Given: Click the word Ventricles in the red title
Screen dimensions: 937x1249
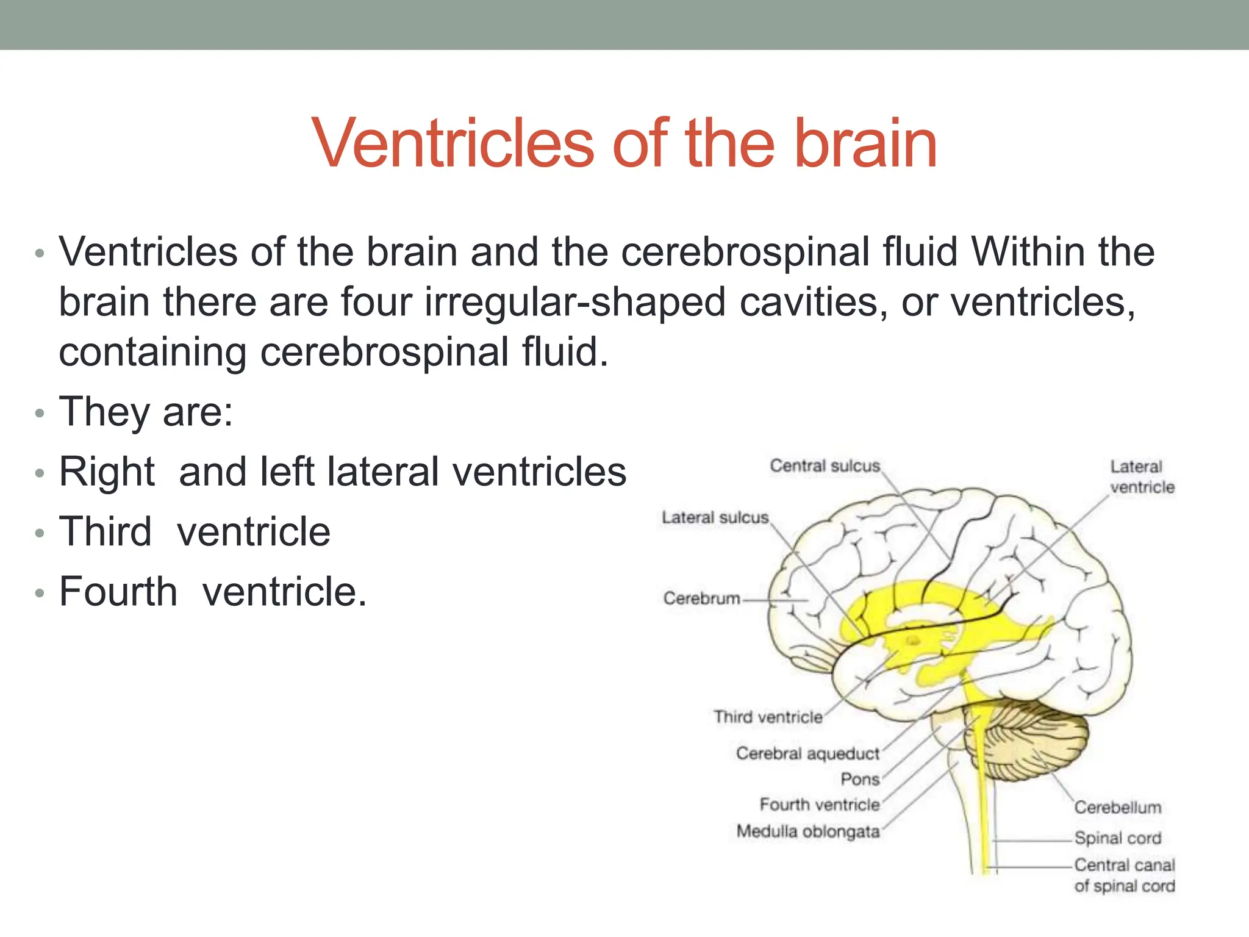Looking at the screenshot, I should point(453,144).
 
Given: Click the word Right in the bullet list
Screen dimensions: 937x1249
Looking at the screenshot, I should point(107,472).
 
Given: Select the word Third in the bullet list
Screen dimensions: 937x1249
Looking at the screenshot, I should point(105,531).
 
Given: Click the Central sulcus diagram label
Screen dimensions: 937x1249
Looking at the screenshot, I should point(825,466).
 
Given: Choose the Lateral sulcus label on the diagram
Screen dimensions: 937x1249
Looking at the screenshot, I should point(715,518).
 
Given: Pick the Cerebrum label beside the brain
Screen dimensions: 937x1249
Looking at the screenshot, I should point(701,598).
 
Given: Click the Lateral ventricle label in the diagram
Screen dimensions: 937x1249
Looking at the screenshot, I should point(1141,477).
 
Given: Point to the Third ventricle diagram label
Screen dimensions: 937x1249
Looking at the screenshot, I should point(768,717).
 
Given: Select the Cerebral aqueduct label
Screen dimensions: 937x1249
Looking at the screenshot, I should point(807,753).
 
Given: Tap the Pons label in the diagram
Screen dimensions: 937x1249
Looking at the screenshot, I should point(860,779).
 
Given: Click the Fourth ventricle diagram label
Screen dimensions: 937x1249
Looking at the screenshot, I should point(819,805).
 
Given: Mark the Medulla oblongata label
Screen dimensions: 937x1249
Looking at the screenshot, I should point(807,831).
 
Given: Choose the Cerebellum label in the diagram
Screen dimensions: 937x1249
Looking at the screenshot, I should point(1117,808).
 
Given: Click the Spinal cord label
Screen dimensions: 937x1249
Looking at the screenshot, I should point(1117,838).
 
